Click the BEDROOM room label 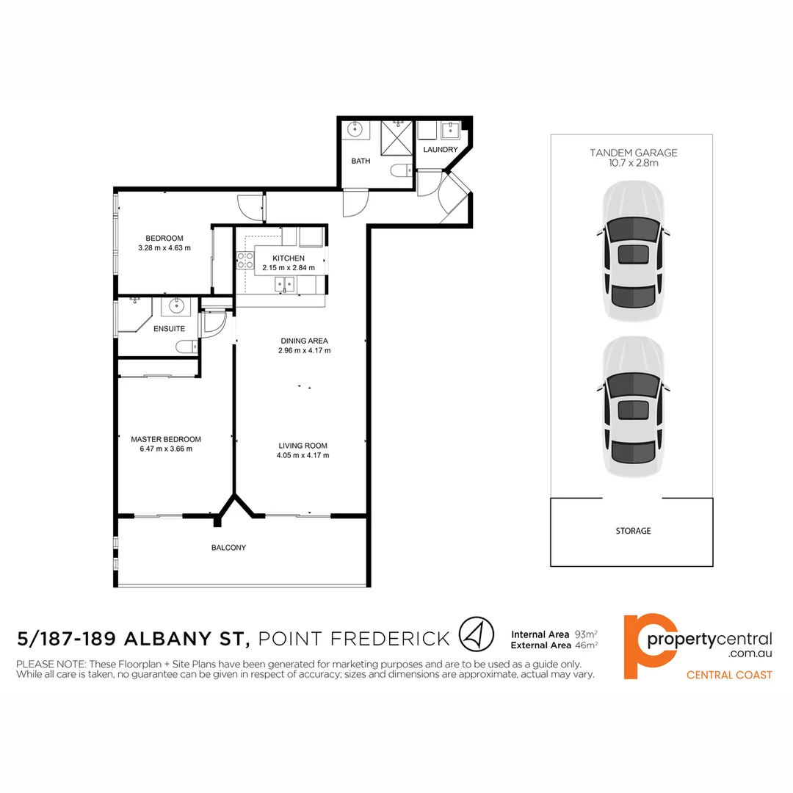click(164, 238)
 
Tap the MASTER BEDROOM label click(165, 439)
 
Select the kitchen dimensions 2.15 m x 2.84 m click(288, 268)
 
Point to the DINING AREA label click(304, 341)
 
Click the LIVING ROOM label click(303, 446)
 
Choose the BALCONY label click(228, 548)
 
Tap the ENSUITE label click(169, 329)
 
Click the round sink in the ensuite click(177, 306)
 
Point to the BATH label click(361, 162)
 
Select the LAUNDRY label click(441, 150)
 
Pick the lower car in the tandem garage click(633, 408)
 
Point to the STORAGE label click(633, 531)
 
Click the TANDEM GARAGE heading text click(633, 153)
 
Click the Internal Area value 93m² click(586, 633)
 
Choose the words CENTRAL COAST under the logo click(729, 675)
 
